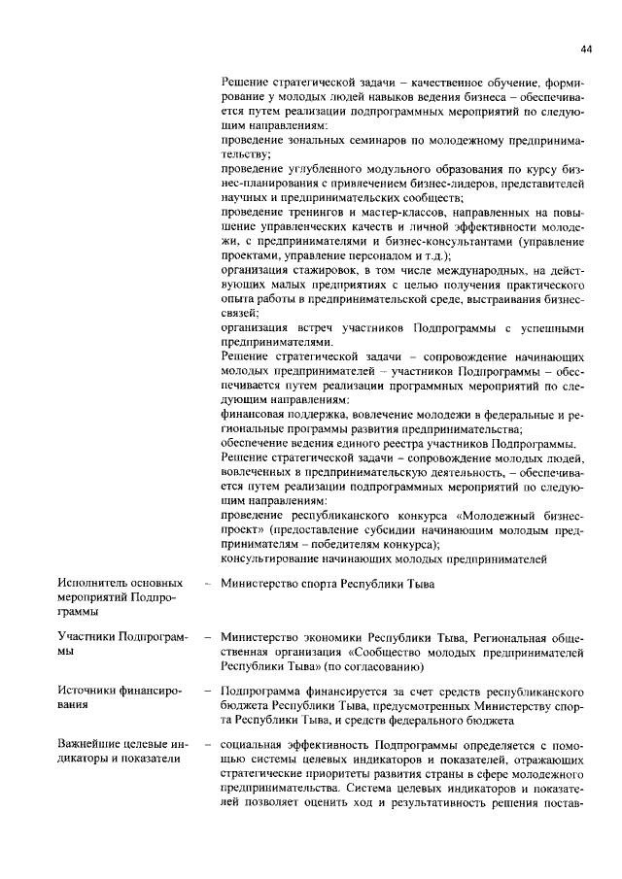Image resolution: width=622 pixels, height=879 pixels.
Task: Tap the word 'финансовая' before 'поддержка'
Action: pos(255,415)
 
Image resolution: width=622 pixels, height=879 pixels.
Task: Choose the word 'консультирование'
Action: pos(279,558)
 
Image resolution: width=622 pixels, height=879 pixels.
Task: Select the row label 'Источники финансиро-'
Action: pos(107,691)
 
